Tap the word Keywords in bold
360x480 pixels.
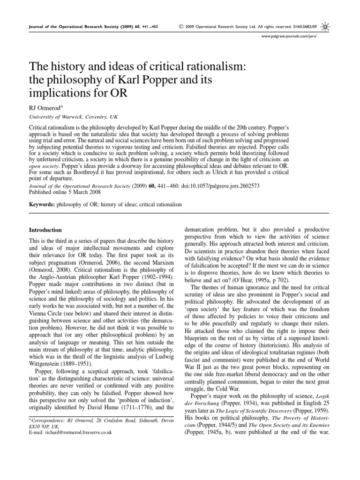point(43,205)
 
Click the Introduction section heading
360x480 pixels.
point(45,230)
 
